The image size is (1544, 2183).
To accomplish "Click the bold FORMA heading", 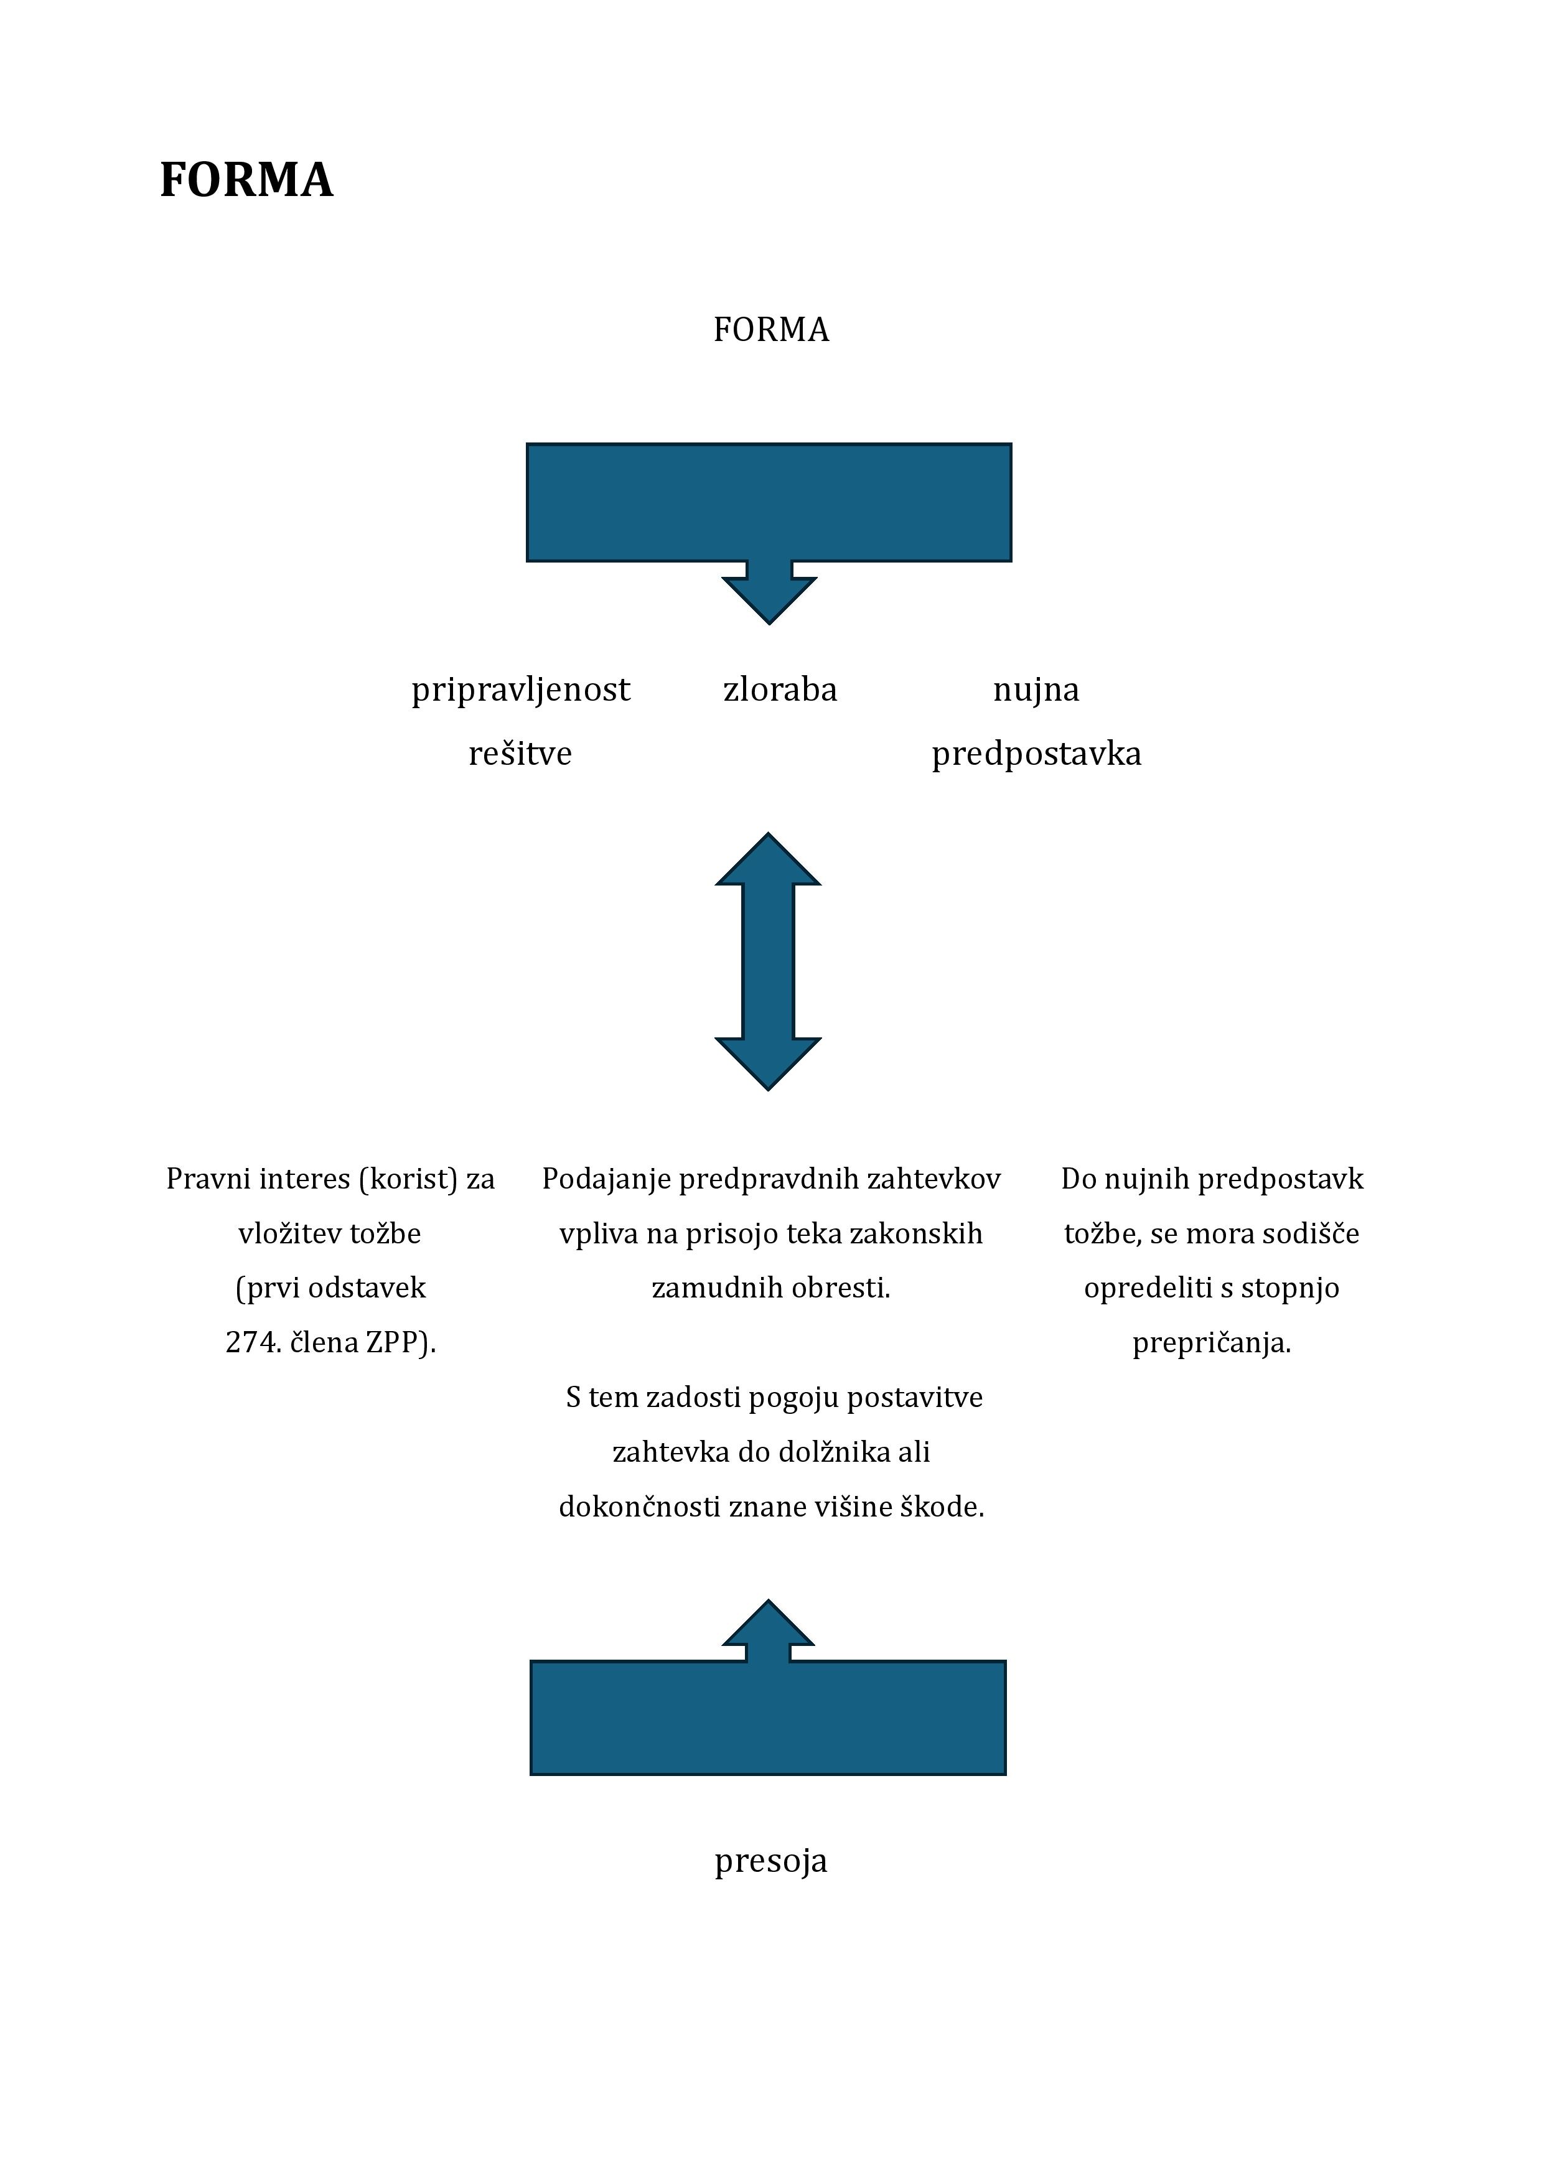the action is [246, 180].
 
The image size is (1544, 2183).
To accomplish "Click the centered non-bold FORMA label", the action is [771, 330].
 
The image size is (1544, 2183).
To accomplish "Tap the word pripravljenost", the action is [521, 690].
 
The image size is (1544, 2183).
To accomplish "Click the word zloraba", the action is [780, 689].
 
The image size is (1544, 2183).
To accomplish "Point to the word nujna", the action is [1036, 690].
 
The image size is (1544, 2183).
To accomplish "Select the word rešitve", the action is [520, 754].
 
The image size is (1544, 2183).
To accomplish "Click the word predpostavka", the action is [1036, 755].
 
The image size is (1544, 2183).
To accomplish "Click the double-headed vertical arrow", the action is [768, 961].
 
